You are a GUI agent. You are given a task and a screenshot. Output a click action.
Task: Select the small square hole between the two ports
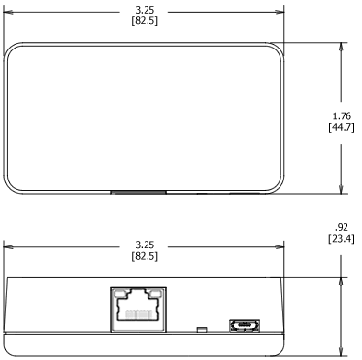[x=200, y=329]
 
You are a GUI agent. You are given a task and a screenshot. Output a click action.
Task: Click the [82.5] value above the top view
[x=144, y=20]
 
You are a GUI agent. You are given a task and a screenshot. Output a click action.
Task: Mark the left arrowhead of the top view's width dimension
[x=8, y=14]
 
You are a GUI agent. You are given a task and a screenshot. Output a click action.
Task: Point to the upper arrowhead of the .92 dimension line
[x=340, y=278]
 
